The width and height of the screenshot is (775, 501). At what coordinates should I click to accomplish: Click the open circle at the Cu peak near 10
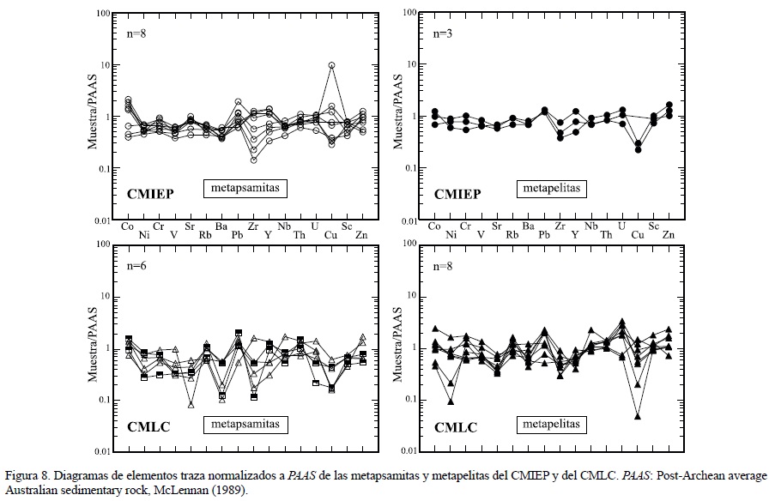click(331, 65)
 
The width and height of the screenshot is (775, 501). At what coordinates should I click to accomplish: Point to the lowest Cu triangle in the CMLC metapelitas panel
click(638, 416)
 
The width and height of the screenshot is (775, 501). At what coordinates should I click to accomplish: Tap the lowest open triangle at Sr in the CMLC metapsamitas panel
click(191, 403)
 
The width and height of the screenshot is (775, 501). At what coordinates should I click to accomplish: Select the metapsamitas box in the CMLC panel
click(245, 424)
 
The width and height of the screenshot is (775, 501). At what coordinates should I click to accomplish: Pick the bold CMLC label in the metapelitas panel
click(456, 426)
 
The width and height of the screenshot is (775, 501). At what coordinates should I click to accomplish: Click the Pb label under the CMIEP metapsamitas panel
click(239, 234)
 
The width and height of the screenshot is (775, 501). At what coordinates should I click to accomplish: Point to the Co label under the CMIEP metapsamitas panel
click(127, 226)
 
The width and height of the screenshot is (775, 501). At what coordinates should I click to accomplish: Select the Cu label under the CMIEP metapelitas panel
click(638, 234)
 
